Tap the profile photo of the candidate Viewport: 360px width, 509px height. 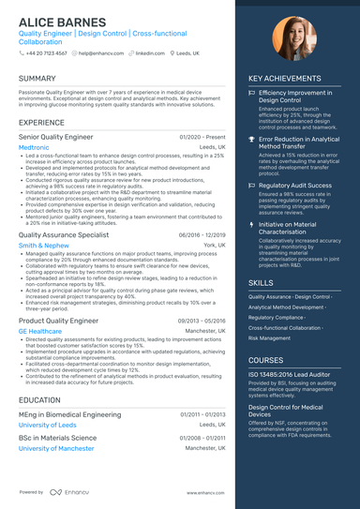tap(293, 39)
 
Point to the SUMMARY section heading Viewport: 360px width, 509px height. tap(37, 78)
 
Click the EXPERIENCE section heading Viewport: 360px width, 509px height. tap(41, 123)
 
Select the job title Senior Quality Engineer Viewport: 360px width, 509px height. tap(56, 137)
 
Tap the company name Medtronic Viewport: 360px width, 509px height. tap(34, 147)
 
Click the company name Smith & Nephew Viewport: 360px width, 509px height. tap(43, 245)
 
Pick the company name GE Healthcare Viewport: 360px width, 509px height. tap(40, 331)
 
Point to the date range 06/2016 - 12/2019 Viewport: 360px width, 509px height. tap(202, 234)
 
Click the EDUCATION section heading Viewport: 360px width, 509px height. tap(39, 399)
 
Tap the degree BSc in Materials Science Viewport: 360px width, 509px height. tap(57, 438)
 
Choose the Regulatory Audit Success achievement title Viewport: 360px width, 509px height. tap(295, 186)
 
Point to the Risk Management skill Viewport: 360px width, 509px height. tap(270, 337)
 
